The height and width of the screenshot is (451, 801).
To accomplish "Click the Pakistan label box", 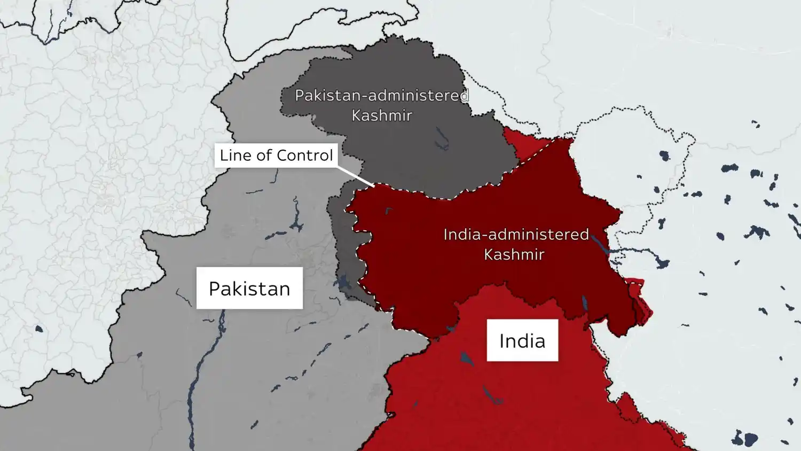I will [x=249, y=288].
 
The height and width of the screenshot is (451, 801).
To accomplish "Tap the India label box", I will [x=522, y=340].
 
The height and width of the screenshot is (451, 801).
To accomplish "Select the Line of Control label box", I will [x=276, y=155].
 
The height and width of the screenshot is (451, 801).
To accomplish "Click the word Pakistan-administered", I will [x=381, y=96].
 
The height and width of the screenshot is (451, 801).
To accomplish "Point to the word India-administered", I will [x=516, y=235].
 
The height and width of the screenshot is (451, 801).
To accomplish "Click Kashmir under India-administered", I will [x=514, y=254].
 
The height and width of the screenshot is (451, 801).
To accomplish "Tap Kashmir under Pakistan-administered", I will [x=381, y=115].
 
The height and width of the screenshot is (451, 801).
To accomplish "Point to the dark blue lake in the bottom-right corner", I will [x=745, y=439].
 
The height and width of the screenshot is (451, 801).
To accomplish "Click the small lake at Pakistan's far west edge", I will [x=38, y=329].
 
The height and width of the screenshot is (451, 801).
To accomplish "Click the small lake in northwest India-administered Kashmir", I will [x=389, y=211].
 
